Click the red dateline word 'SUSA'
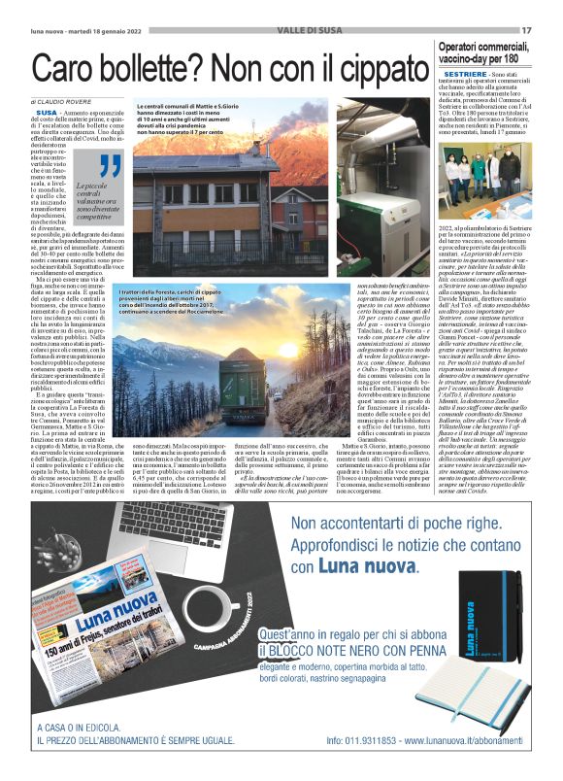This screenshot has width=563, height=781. (47, 114)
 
